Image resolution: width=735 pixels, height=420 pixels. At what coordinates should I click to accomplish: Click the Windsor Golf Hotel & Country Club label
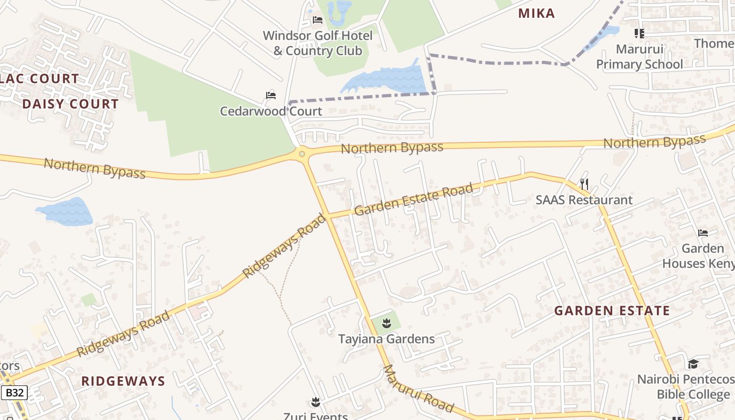(318, 44)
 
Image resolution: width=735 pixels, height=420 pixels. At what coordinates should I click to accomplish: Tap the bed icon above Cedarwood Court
(271, 96)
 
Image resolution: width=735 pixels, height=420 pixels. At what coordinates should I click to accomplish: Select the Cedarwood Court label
(271, 111)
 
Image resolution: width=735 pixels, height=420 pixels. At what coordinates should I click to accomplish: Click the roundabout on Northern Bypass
(302, 154)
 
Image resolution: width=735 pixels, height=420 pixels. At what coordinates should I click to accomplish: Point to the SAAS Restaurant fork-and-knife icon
(584, 184)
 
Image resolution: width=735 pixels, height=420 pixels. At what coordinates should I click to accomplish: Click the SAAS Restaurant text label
(584, 200)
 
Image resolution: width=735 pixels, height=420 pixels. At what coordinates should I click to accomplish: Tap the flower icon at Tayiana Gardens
(387, 323)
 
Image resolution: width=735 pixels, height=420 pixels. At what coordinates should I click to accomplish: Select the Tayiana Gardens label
(387, 339)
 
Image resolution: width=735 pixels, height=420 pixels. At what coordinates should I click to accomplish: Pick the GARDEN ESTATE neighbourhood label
(612, 311)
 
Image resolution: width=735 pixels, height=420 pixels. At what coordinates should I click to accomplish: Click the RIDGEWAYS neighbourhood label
(123, 381)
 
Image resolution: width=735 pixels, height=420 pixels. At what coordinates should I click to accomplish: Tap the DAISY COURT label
(70, 104)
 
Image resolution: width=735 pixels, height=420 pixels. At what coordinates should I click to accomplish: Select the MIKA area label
(537, 14)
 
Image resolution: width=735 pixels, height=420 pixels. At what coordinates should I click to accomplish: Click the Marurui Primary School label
(639, 57)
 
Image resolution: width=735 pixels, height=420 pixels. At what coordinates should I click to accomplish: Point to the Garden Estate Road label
(414, 199)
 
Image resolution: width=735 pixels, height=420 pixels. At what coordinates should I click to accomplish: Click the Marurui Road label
(418, 388)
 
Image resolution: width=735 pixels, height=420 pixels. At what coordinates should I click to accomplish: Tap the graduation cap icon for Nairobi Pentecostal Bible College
(693, 364)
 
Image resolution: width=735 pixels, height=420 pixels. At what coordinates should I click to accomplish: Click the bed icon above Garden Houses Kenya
(703, 233)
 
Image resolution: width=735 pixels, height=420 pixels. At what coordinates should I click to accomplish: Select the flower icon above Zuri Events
(316, 402)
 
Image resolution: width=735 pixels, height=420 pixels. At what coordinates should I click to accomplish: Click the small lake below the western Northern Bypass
(65, 212)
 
